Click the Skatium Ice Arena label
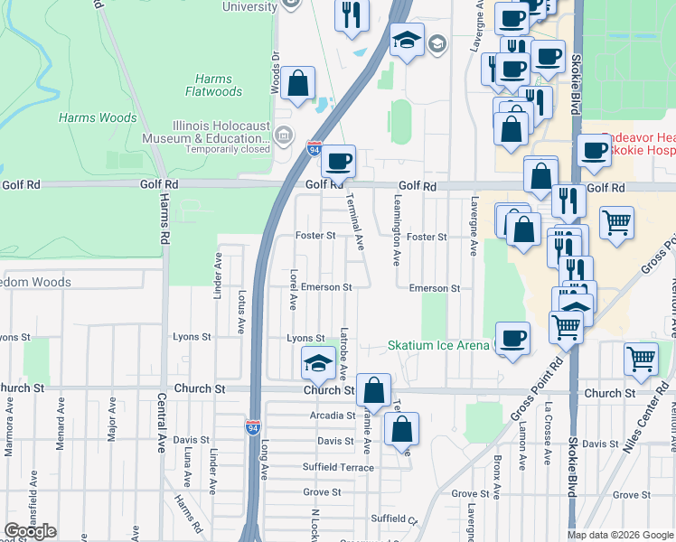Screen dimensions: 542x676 tap(438, 346)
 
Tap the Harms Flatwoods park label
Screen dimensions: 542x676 tap(213, 85)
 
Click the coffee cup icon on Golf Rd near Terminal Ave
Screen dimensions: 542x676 tap(339, 163)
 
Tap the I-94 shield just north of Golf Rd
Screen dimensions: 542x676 tap(314, 147)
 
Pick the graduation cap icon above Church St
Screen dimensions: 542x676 tap(318, 363)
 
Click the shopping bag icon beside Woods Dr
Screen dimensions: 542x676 tap(297, 84)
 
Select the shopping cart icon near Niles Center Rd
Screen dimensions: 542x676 tap(641, 359)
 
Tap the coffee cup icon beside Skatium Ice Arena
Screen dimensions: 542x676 tap(513, 339)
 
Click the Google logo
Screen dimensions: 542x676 tap(30, 531)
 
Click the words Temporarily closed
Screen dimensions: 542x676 tap(229, 150)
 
